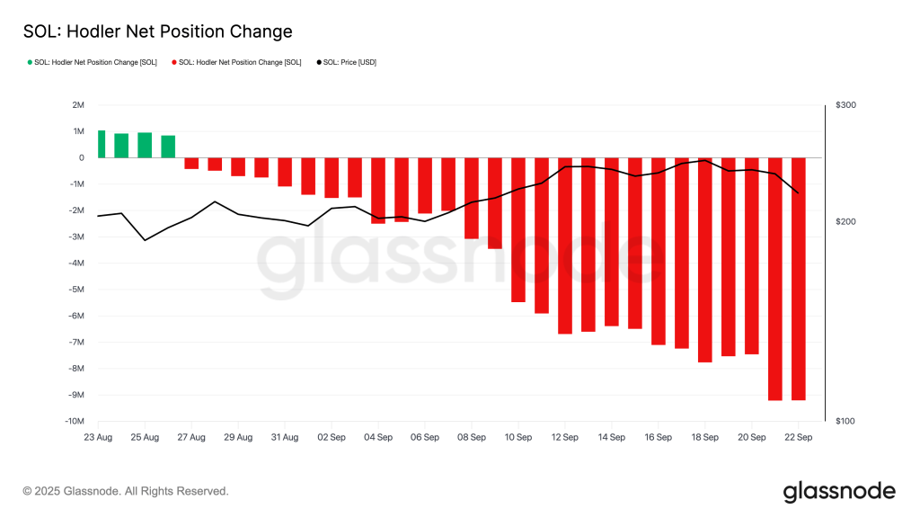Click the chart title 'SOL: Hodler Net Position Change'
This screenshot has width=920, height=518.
(x=157, y=31)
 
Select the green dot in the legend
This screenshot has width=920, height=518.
(x=29, y=62)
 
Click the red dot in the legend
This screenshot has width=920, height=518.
(x=173, y=62)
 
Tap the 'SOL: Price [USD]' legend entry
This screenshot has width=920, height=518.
(x=349, y=62)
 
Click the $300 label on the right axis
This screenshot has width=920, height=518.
(x=845, y=105)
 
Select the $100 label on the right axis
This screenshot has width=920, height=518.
(x=845, y=422)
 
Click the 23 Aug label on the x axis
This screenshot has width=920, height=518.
(x=98, y=438)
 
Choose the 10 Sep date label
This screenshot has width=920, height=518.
(x=518, y=438)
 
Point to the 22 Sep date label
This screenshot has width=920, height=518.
(x=798, y=438)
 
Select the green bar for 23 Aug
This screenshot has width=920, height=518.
(x=102, y=144)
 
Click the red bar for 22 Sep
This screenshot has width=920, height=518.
(x=798, y=279)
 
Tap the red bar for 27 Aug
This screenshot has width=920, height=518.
(x=191, y=163)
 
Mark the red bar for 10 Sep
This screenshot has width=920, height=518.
(x=518, y=229)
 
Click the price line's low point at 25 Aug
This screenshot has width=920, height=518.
(x=145, y=240)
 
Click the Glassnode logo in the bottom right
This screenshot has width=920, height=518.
(x=839, y=491)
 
